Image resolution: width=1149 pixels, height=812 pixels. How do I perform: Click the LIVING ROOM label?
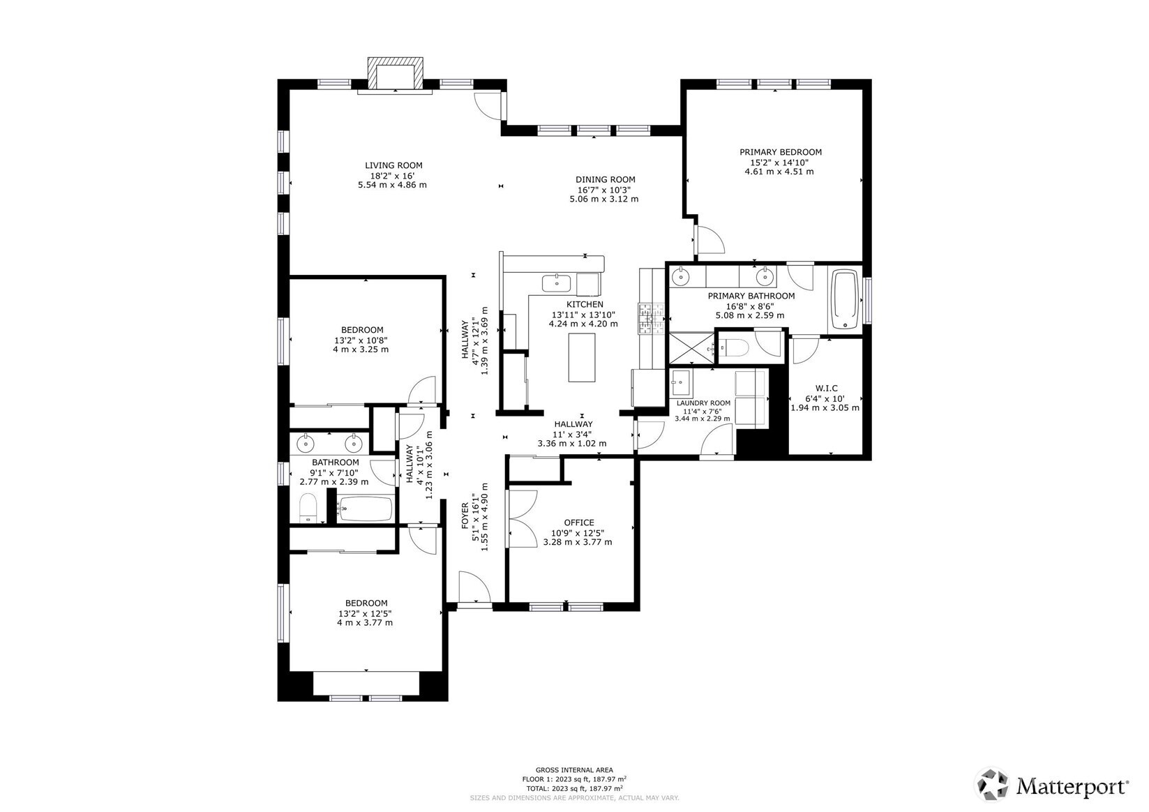pos(393,165)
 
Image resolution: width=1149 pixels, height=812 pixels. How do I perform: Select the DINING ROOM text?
pos(605,179)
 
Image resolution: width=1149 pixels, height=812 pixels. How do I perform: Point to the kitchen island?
pos(582,357)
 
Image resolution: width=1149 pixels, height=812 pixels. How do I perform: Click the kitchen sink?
pos(557,283)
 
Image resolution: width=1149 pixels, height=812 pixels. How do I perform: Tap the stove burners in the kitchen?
pos(648,319)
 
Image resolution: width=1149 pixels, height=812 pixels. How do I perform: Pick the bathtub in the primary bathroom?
pos(845,301)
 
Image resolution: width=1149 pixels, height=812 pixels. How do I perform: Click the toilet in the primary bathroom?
pos(733,346)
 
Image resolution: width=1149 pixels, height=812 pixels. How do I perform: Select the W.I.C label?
pos(826,389)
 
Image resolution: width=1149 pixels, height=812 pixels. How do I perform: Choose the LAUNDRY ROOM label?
pos(703,403)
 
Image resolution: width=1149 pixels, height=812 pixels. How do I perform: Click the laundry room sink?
pos(681,382)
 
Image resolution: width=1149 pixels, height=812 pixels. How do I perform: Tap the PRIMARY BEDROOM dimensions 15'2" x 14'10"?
pos(780,162)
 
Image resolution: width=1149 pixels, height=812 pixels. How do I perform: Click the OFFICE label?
pos(578,522)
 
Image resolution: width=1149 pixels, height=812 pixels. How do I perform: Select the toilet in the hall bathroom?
pos(308,508)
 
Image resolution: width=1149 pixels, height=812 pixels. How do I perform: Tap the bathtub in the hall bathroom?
pos(365,509)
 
